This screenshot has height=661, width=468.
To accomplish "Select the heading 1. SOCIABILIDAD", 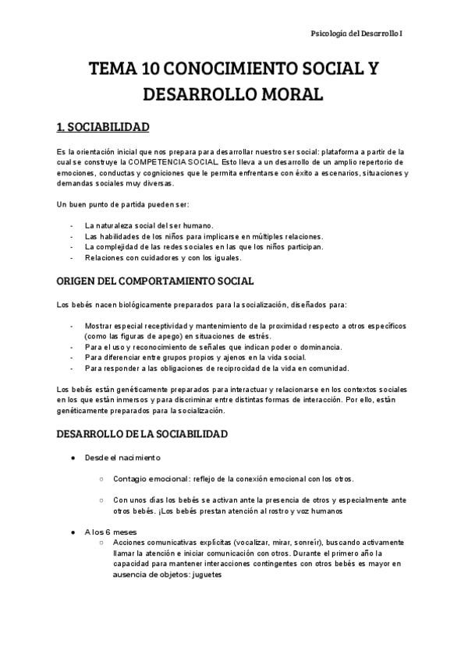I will [103, 127].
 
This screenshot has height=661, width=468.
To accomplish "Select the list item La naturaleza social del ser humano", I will [148, 226].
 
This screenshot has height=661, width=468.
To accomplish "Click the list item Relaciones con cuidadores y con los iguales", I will [163, 257].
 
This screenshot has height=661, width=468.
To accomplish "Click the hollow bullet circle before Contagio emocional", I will [102, 479].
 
